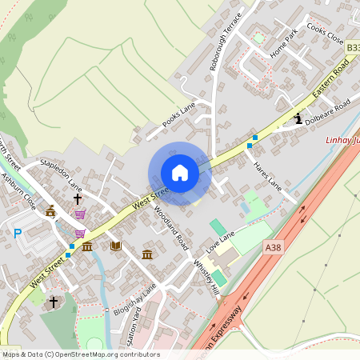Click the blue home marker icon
point(180,173)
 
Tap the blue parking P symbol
point(18,234)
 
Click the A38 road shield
point(273,249)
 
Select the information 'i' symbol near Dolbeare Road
point(298,119)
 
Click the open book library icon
point(115,246)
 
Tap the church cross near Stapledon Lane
point(78,197)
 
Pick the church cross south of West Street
point(54,302)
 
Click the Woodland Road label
point(170,226)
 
